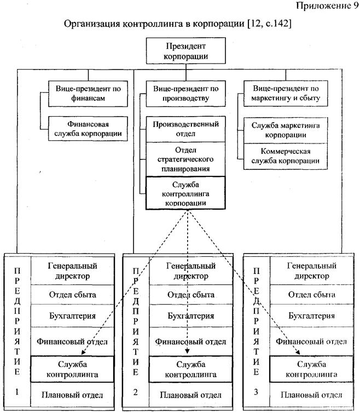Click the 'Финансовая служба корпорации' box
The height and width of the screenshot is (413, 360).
click(x=87, y=129)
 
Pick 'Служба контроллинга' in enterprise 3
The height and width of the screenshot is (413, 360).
click(x=311, y=369)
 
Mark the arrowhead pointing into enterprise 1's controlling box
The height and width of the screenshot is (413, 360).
click(x=83, y=354)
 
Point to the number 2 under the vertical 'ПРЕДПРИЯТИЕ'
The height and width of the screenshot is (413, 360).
click(x=135, y=392)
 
